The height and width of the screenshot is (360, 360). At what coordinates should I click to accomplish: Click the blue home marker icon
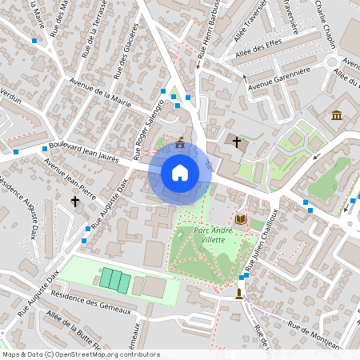coord(179,173)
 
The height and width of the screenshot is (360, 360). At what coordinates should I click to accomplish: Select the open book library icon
coord(241,218)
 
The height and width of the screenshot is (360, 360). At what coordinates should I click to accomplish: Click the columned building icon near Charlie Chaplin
coord(337,115)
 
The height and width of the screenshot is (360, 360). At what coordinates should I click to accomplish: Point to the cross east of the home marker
coord(236,142)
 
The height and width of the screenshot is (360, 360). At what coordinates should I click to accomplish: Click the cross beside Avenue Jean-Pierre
coord(75,202)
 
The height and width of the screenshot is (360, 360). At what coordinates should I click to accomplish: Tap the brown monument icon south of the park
coord(239,294)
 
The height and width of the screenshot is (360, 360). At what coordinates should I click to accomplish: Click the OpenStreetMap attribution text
coord(81,354)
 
